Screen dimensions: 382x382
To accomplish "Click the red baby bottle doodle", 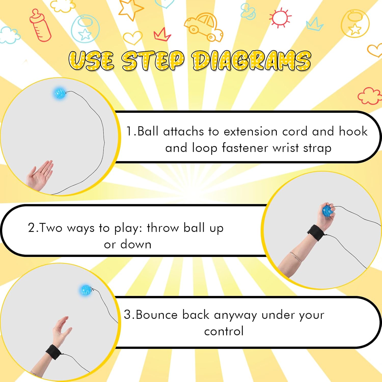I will tap(40, 25).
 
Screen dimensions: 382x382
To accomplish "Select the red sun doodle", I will tap(280, 17).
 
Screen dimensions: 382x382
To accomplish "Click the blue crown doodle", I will tap(315, 24).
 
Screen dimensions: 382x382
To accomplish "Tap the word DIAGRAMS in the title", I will tap(251, 60).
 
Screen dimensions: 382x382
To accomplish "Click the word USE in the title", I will tap(91, 60).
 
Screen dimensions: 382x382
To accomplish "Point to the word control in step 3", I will tap(224, 331).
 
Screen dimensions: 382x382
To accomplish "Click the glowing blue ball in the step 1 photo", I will tap(60, 93).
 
